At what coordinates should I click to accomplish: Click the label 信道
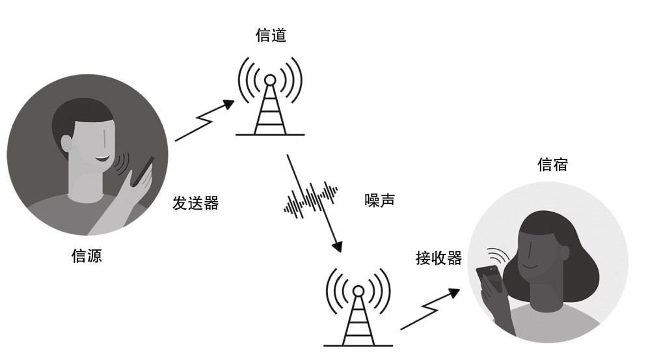coord(271,35)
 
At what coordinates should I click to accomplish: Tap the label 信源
coord(87,256)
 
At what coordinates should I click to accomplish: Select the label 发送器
coord(195,203)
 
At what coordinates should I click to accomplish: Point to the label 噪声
coord(380,200)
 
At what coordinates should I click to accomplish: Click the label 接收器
coord(439,258)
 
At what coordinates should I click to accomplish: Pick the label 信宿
coord(552,165)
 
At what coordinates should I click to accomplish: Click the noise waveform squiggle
coord(310,199)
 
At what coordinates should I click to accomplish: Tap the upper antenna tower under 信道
coord(270,97)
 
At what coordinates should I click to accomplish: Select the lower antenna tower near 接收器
coord(358,307)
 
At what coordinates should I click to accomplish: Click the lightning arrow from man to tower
coord(204,120)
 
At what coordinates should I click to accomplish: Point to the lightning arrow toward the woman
coord(429,309)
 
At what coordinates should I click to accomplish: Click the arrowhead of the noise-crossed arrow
coord(338,246)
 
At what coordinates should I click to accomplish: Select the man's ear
coord(66,143)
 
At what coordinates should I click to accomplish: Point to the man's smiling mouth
coord(103,159)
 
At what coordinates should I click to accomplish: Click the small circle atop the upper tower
coord(270,80)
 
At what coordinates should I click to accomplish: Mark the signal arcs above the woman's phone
coord(498,255)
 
